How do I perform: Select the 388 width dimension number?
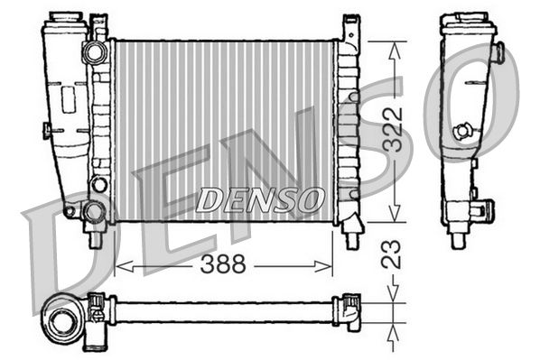(225, 265)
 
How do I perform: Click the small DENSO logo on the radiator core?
(259, 198)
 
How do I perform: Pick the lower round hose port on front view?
(94, 213)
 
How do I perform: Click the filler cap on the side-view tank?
(468, 19)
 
